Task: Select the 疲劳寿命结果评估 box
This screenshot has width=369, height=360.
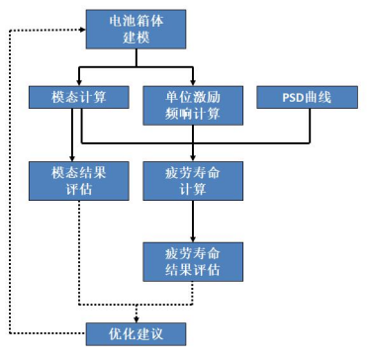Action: (x=193, y=260)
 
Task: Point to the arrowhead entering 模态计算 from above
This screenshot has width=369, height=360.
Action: (x=79, y=82)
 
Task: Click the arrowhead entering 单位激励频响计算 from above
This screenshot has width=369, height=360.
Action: (x=193, y=82)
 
